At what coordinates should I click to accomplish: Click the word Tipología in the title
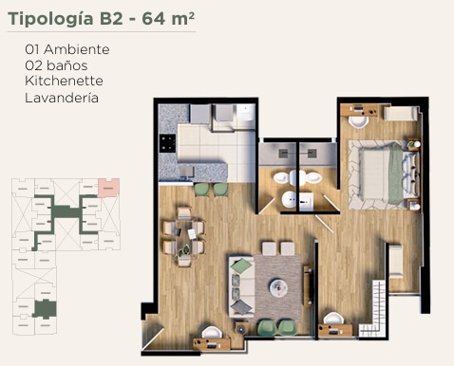50,19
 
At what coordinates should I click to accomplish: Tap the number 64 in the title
154,18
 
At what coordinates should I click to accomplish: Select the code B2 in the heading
111,18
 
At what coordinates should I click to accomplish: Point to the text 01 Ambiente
67,49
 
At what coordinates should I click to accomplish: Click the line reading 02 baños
56,65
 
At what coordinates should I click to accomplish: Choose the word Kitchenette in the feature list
64,81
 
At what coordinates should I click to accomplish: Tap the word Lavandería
62,98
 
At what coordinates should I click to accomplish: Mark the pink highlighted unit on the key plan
108,188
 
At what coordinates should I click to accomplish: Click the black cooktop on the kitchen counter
167,143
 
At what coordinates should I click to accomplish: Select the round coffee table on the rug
278,288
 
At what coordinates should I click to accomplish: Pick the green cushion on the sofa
241,265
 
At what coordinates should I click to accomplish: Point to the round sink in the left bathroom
289,200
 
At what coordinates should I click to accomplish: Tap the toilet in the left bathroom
285,178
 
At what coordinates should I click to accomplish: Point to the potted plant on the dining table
184,250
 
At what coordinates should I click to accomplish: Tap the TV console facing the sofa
308,286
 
